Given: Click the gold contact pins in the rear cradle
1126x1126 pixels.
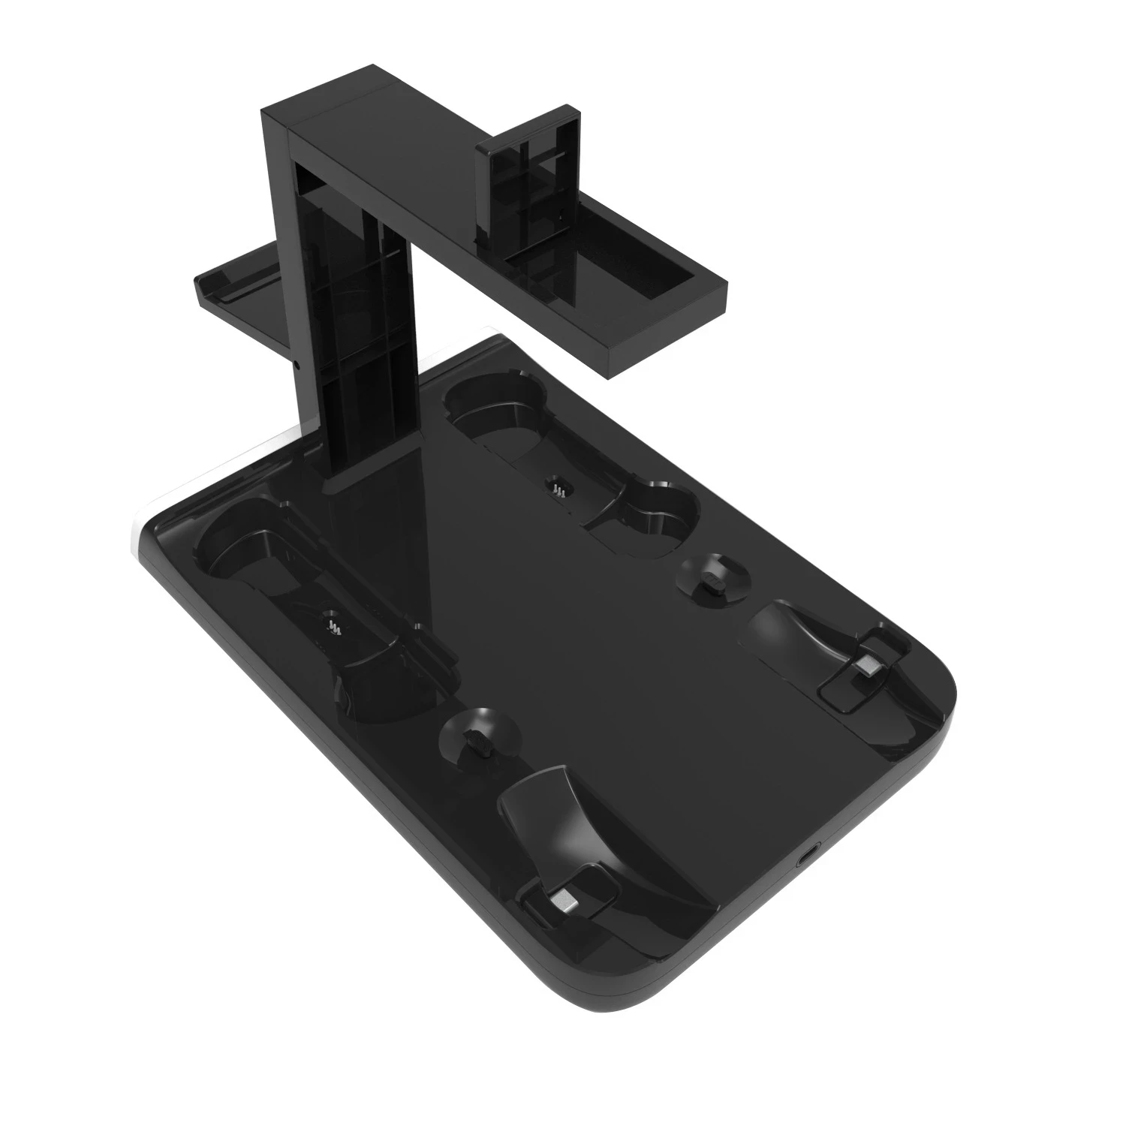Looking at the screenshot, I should point(558,489).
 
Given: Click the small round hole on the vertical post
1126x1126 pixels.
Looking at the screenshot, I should point(298,368).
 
